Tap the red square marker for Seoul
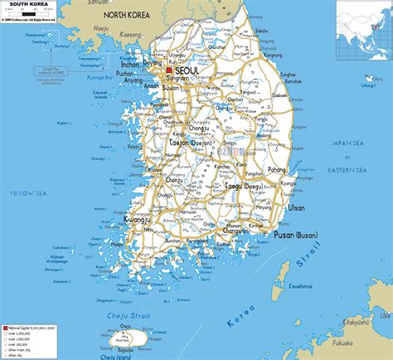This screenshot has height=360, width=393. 169,70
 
